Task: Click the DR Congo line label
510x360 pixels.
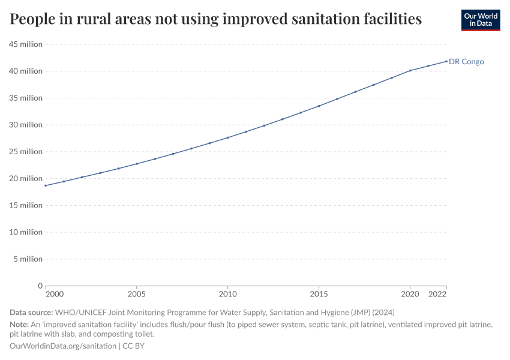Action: [466, 62]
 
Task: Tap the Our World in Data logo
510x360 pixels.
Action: [481, 20]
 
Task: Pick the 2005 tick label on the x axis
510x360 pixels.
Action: [137, 295]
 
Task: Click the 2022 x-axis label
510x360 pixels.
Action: [437, 295]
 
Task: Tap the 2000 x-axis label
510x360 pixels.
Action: [54, 295]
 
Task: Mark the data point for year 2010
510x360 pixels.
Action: [228, 137]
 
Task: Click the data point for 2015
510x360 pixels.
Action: [319, 106]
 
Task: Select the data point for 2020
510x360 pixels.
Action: [410, 71]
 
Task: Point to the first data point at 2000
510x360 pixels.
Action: [46, 185]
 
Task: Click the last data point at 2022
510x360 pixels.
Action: [446, 61]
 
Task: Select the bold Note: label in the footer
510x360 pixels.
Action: [21, 324]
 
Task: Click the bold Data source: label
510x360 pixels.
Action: [31, 313]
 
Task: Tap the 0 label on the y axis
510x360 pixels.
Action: [40, 286]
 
